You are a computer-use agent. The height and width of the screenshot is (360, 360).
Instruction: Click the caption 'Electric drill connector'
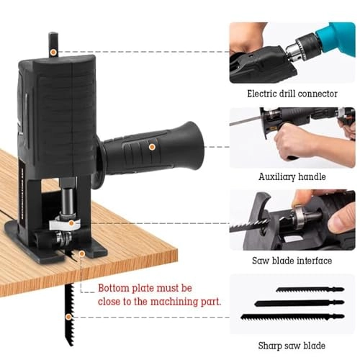pyautogui.click(x=292, y=94)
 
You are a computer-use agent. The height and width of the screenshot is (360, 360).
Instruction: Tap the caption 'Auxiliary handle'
pyautogui.click(x=292, y=176)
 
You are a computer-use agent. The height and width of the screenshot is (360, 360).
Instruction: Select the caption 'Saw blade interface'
pyautogui.click(x=292, y=260)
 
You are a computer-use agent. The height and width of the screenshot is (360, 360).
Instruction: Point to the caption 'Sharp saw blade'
pyautogui.click(x=292, y=345)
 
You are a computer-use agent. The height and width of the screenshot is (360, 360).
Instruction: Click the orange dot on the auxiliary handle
pyautogui.click(x=153, y=146)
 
